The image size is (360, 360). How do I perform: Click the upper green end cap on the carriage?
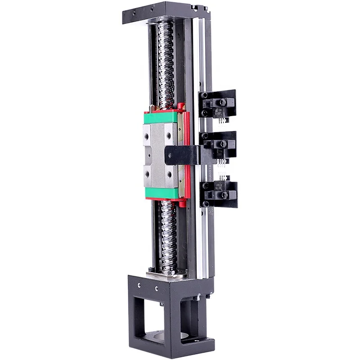(x=160, y=118)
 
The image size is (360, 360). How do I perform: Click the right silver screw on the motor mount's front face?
(x=156, y=288)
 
